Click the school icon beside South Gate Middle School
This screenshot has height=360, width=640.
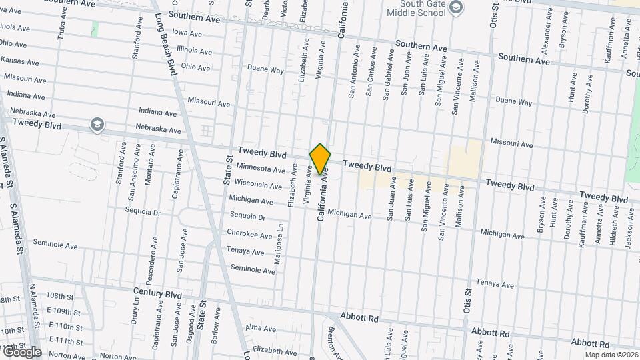(x=456, y=7)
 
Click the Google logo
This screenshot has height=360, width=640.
(x=22, y=352)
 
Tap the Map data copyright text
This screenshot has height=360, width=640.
(x=611, y=355)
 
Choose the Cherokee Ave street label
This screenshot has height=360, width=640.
(x=249, y=235)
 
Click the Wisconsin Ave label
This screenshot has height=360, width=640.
(x=259, y=184)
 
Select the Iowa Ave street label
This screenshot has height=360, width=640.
(x=187, y=32)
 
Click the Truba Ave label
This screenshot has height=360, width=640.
(x=61, y=27)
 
